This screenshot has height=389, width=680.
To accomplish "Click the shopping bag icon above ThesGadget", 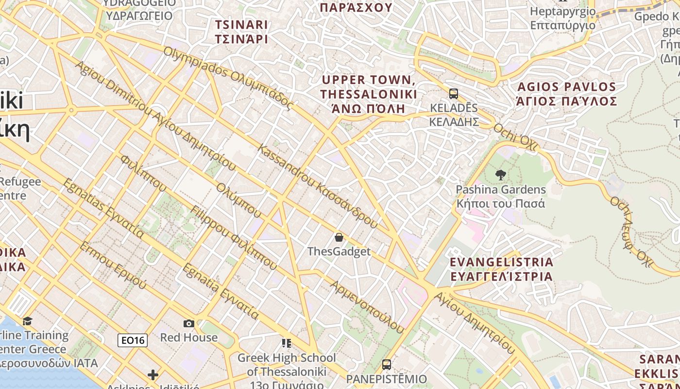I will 339,237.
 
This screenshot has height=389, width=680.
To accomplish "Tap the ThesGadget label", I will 339,251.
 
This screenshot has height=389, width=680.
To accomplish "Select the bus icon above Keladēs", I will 454,93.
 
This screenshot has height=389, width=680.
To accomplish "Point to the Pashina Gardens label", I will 501,196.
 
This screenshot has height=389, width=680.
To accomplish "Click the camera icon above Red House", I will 189,323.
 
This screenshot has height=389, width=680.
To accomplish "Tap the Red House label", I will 189,337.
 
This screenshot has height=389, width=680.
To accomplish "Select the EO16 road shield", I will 133,340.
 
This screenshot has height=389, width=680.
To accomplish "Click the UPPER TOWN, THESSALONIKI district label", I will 369,94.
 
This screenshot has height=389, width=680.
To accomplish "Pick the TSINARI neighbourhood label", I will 241,32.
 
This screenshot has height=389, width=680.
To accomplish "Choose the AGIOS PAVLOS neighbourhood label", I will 567,94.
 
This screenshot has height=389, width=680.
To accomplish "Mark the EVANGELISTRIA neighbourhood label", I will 502,269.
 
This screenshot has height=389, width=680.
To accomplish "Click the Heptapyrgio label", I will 563,18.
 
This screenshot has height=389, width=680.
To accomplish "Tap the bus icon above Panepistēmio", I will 387,364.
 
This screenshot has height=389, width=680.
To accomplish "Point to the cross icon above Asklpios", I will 153,374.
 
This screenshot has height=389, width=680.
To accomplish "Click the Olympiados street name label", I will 229,78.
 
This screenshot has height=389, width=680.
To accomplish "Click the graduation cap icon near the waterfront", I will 28,321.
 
